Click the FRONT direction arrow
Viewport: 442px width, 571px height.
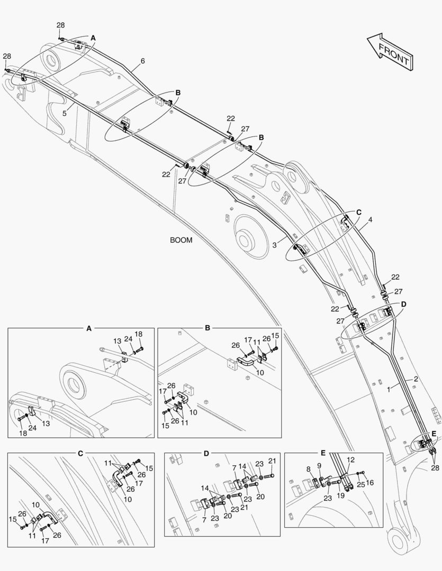click(390, 52)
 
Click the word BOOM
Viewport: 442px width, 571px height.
click(181, 241)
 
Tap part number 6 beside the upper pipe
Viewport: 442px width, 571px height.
click(142, 61)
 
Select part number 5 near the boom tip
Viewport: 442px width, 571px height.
click(64, 113)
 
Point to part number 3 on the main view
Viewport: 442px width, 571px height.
click(274, 245)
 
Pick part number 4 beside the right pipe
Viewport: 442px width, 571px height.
click(370, 220)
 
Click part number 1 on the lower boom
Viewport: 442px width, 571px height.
click(389, 390)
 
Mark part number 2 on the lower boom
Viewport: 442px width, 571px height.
click(416, 379)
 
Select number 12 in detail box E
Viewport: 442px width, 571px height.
click(350, 460)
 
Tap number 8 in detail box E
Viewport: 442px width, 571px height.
click(309, 469)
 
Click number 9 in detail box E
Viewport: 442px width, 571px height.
click(319, 465)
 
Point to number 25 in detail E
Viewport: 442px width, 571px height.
click(360, 484)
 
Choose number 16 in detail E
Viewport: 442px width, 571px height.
click(370, 483)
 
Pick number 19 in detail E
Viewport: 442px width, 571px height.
click(340, 495)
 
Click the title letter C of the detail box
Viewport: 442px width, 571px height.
click(80, 454)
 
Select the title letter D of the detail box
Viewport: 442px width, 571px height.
click(206, 454)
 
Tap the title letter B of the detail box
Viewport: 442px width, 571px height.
click(208, 328)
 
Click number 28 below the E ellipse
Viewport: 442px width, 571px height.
click(435, 468)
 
